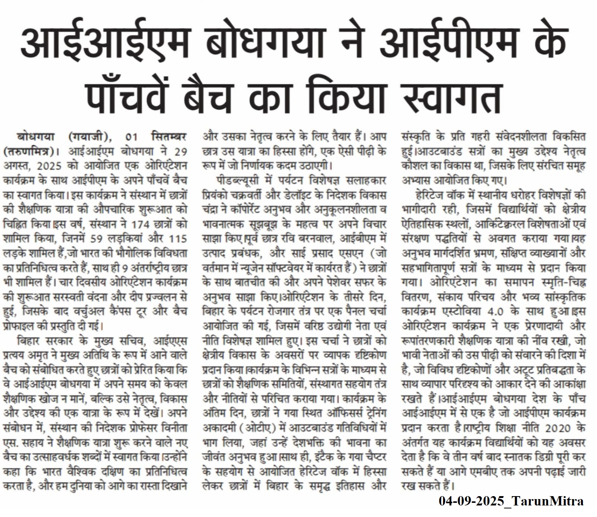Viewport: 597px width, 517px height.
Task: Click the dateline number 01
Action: (132, 137)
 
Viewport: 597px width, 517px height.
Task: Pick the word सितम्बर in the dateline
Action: (169, 137)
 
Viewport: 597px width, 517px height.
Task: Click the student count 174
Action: (141, 224)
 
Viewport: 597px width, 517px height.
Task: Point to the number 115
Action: (177, 239)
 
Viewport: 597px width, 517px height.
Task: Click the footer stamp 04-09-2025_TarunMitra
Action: (511, 501)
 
